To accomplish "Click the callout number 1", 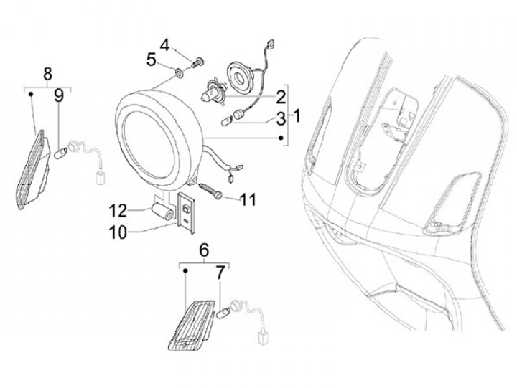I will [298, 115].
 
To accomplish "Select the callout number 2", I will [281, 95].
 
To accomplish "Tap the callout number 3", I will [281, 118].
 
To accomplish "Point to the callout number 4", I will [165, 44].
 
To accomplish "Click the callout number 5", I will [152, 60].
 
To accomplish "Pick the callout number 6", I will [203, 250].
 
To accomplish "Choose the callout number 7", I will [220, 273].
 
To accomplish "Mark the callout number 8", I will [48, 73].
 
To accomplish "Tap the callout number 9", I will [59, 95].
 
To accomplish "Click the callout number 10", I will [117, 231].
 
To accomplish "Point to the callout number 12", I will [118, 210].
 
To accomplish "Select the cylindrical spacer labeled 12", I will [162, 212].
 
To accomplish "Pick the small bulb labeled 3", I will [233, 115].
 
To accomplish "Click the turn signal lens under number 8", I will [32, 169].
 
